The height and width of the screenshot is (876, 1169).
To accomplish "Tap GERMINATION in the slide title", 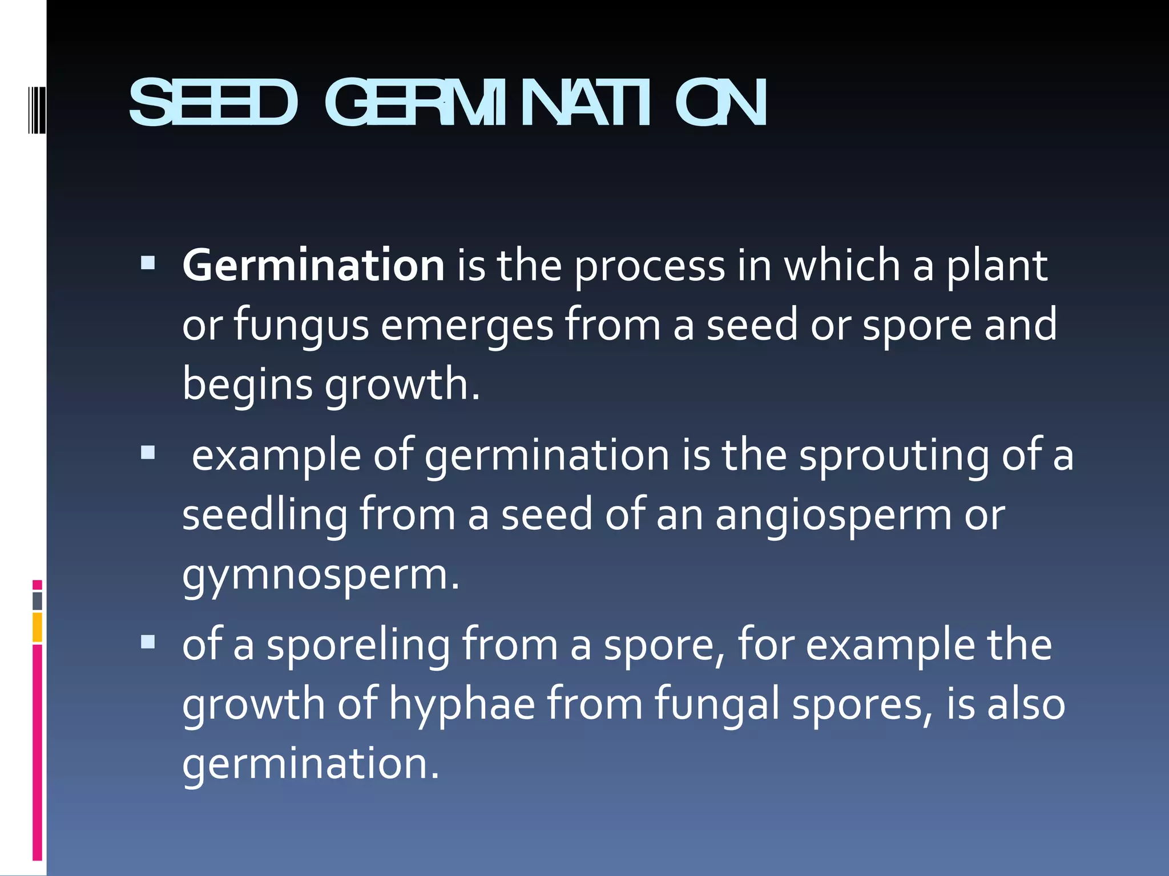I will (x=545, y=103).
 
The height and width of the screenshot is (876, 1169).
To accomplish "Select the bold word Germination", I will (x=313, y=266).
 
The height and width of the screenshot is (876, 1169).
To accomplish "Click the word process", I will (x=650, y=267).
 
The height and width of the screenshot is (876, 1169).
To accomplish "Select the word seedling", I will (x=264, y=516).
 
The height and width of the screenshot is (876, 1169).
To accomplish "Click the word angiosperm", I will (x=833, y=517).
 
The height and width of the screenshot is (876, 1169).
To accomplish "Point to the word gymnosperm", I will (x=320, y=576).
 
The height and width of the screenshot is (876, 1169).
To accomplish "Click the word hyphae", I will (x=462, y=705).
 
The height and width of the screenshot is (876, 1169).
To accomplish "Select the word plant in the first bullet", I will (x=997, y=267).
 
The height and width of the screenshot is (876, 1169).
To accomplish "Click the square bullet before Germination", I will (x=148, y=262).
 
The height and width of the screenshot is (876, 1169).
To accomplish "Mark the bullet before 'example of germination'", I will (x=148, y=452).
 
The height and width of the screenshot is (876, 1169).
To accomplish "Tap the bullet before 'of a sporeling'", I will (x=148, y=642).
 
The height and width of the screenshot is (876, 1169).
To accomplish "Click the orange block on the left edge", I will (x=37, y=627).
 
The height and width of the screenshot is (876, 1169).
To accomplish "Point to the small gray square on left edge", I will (x=37, y=601).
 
